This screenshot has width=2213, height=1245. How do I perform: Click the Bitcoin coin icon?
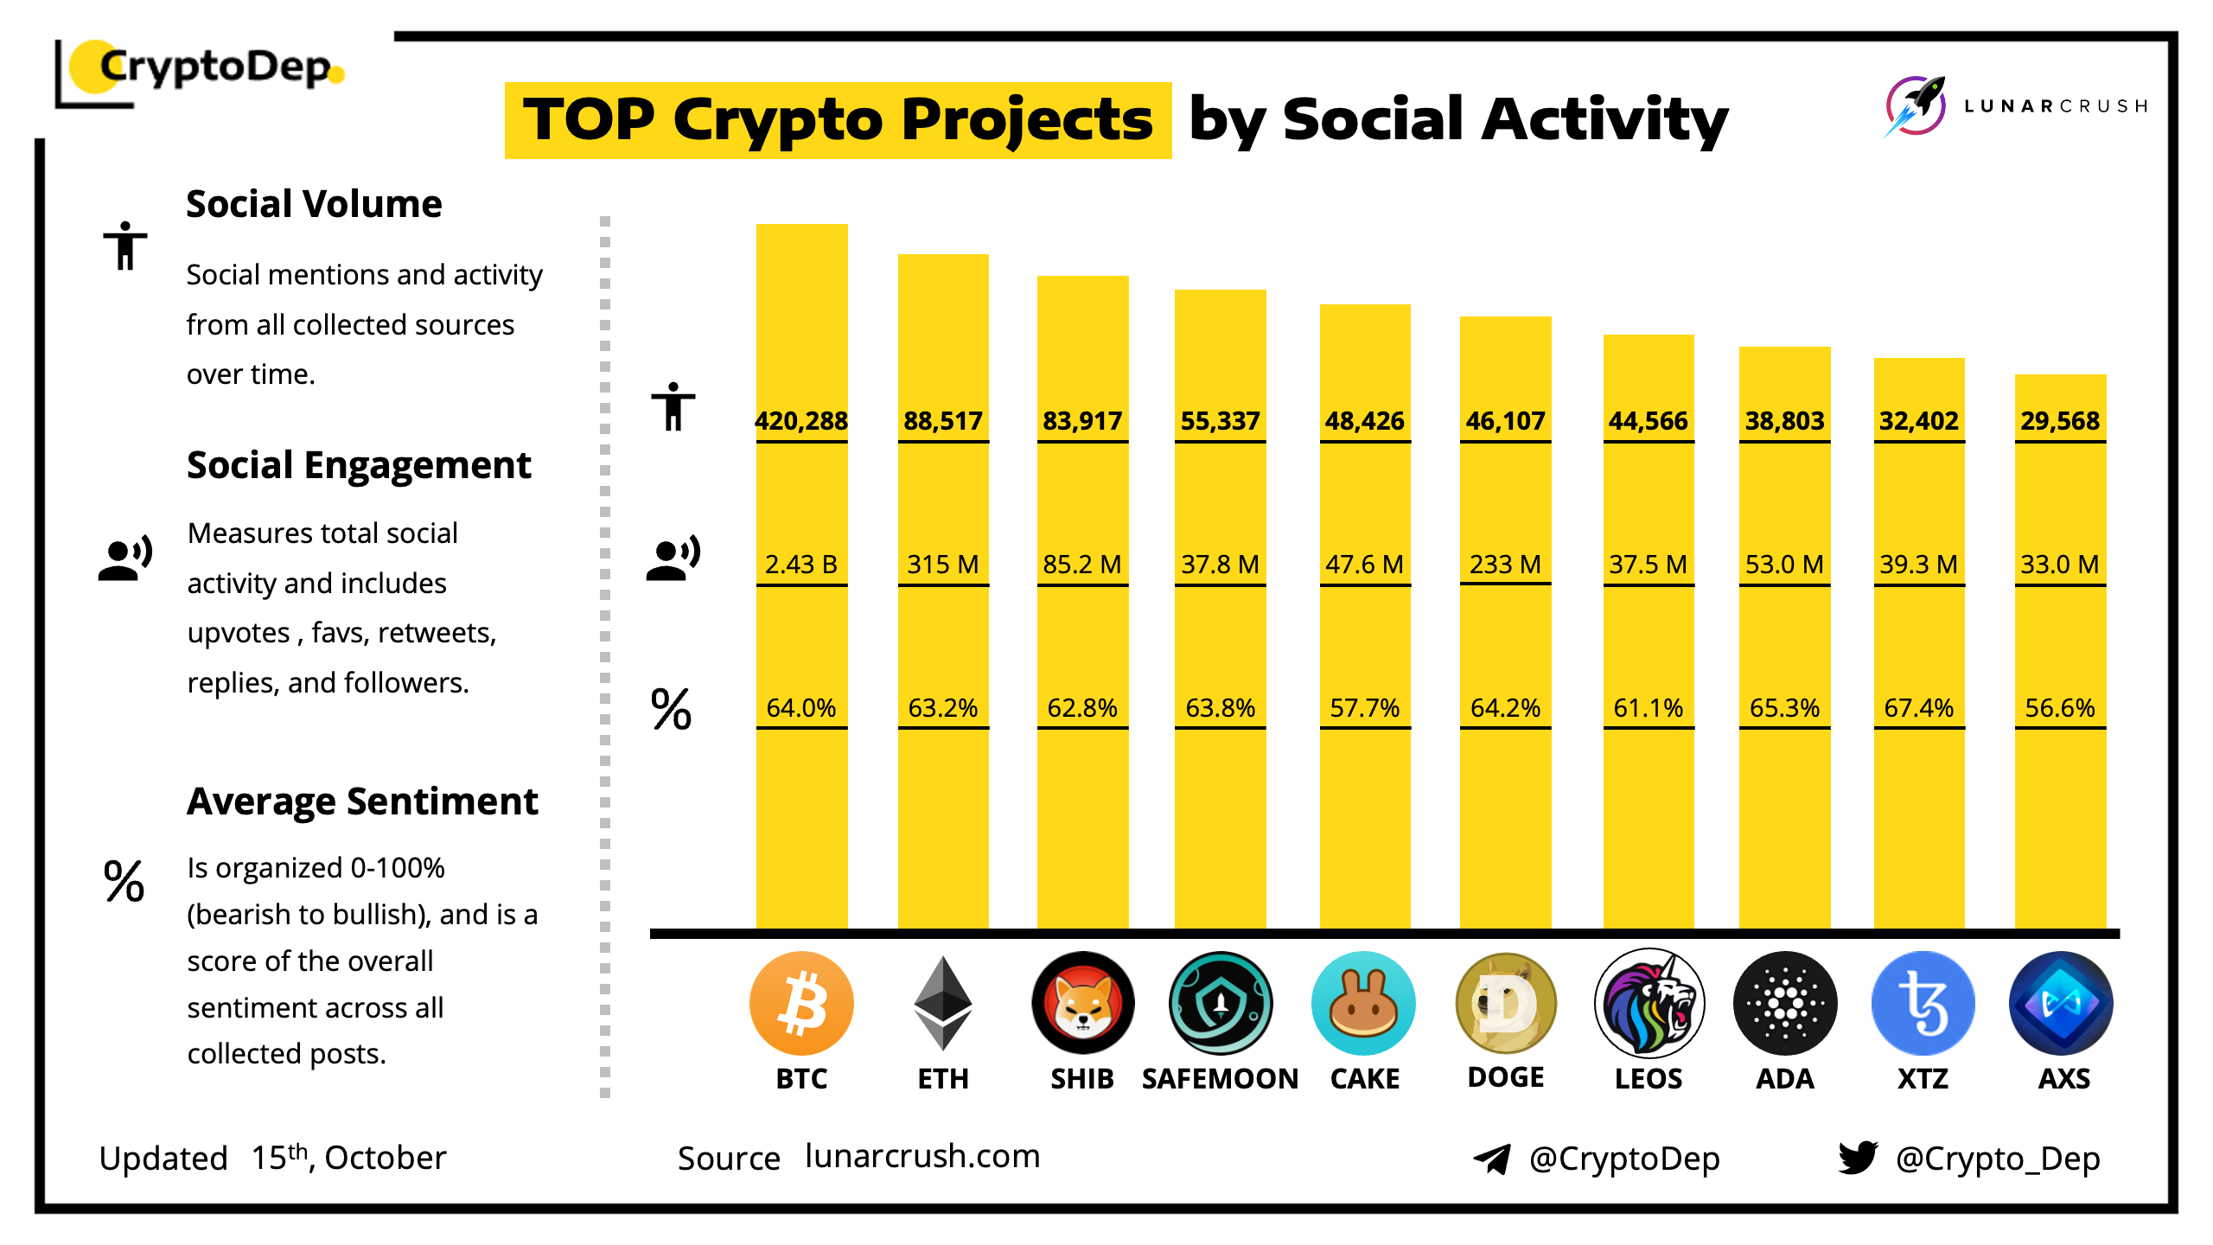[x=801, y=1003]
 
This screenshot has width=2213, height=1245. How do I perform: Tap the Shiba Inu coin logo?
[x=1082, y=1003]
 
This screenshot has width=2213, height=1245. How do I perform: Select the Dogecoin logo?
[x=1506, y=1003]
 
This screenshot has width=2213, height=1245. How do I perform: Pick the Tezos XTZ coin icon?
[x=1923, y=1003]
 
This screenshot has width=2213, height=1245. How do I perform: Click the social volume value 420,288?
[x=801, y=421]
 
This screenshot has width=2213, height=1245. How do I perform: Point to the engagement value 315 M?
[x=942, y=565]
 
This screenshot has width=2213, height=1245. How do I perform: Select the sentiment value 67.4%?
[x=1919, y=708]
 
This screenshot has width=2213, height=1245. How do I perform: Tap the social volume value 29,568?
[x=2060, y=421]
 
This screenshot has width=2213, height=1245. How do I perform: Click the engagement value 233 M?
[x=1505, y=565]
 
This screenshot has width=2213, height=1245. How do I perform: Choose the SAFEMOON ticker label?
[x=1220, y=1079]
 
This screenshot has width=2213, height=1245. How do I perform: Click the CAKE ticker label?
[x=1365, y=1079]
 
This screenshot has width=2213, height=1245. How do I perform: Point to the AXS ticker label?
[x=2064, y=1079]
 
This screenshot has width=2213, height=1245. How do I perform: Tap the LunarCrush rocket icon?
[x=1916, y=105]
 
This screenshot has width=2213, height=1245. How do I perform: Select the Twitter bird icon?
[x=1859, y=1158]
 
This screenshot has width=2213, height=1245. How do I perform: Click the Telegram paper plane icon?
[x=1492, y=1159]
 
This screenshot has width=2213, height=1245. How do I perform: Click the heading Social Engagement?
[x=359, y=465]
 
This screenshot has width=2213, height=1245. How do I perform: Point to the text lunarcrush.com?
[x=922, y=1156]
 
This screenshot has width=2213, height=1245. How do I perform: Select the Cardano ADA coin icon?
[x=1785, y=1003]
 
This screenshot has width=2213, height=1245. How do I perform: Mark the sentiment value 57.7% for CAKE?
[x=1365, y=708]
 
